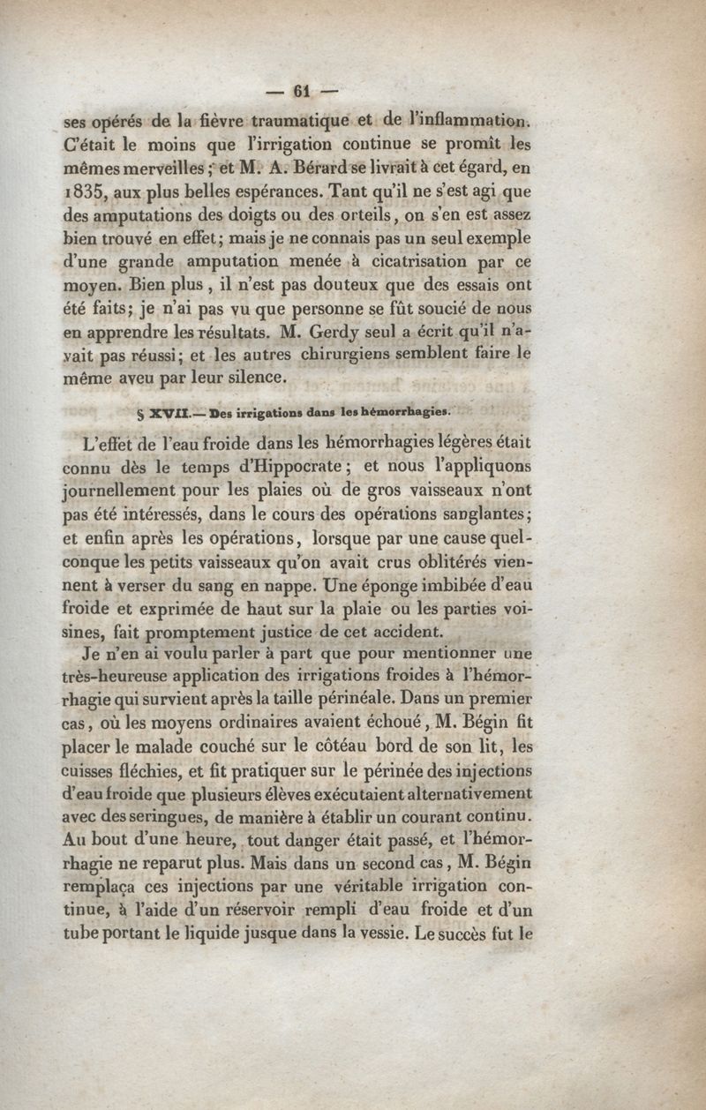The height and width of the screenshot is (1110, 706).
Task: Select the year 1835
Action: pyautogui.click(x=83, y=190)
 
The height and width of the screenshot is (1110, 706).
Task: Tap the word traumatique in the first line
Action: pyautogui.click(x=289, y=119)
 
